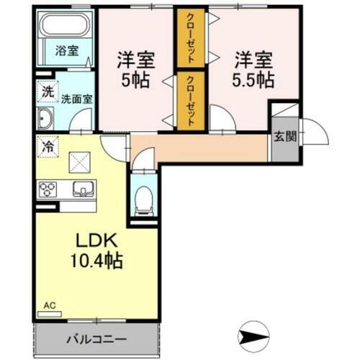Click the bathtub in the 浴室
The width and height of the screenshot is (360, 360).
coord(63,29)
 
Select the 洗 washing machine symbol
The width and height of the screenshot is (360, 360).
coord(45,92)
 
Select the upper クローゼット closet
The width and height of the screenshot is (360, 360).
coord(191,37)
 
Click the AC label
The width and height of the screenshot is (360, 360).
coord(50,305)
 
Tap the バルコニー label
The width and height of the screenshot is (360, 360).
coord(97,338)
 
